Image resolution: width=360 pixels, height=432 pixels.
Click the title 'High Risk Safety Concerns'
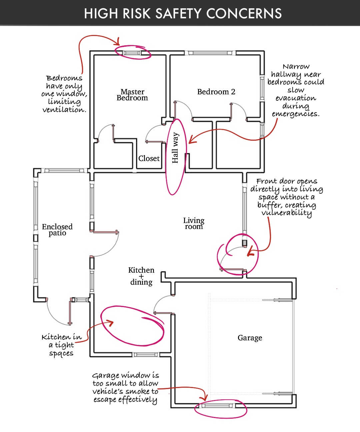[x=183, y=14]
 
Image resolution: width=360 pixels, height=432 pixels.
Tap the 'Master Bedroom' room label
[x=132, y=95]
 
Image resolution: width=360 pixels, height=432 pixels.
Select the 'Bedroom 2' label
[x=216, y=92]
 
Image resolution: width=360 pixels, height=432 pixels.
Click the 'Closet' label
[x=149, y=158]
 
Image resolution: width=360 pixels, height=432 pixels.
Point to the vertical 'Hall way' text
[x=175, y=148]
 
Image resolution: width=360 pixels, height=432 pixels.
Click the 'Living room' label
[x=194, y=223]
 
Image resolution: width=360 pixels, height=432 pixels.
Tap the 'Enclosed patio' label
[x=57, y=230]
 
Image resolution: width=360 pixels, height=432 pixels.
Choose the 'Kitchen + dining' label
[x=141, y=276]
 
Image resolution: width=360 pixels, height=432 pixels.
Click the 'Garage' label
[x=250, y=338]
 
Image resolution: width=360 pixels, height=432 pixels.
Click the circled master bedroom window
[x=132, y=53]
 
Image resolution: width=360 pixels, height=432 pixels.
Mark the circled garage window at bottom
[x=218, y=406]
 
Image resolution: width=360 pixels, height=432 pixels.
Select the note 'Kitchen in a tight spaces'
[x=62, y=345]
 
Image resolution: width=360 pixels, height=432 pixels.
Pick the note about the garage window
[x=125, y=388]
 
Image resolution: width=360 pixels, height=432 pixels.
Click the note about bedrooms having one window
[x=64, y=94]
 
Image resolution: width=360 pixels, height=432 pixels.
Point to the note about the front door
[x=287, y=197]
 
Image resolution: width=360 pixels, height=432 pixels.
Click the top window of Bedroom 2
[x=210, y=53]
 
